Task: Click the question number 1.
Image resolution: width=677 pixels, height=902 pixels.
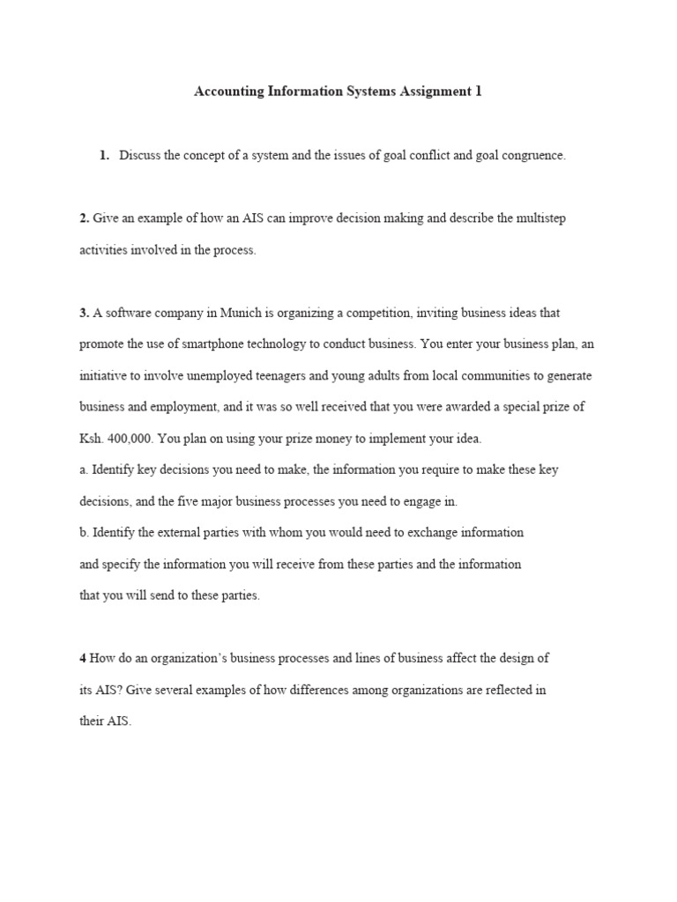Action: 104,156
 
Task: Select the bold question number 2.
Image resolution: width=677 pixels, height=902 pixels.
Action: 84,218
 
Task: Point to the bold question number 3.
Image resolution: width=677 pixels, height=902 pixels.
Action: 84,313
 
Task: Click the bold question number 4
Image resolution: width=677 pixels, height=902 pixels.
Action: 83,658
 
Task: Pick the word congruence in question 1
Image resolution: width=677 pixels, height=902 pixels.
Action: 532,156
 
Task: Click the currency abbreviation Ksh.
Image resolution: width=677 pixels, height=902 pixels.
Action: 92,439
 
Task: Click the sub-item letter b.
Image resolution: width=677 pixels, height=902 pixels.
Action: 83,533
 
